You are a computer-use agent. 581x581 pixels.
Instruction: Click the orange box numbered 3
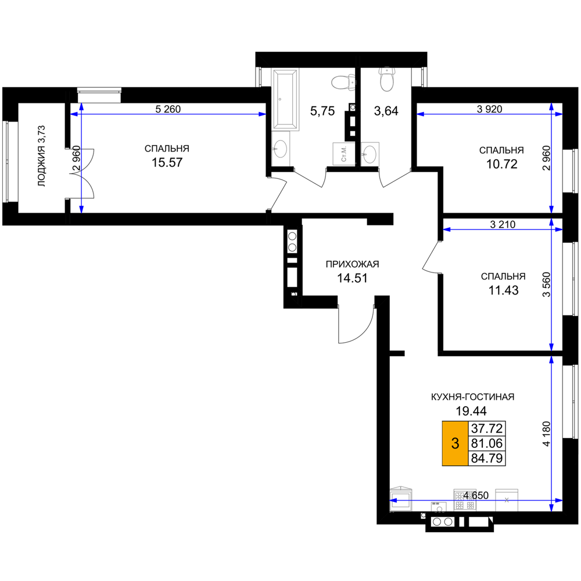(x=455, y=443)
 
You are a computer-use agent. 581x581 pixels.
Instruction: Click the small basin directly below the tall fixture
(x=281, y=149)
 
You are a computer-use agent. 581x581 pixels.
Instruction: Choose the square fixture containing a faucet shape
(x=343, y=154)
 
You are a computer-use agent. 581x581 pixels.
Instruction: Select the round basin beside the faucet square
(x=370, y=154)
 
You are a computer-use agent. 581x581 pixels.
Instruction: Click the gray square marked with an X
(x=507, y=500)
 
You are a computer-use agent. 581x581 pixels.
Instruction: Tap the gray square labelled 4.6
(x=465, y=500)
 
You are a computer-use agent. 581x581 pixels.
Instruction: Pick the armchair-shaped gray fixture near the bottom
(x=401, y=498)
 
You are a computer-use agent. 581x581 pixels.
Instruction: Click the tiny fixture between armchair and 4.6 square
(x=439, y=508)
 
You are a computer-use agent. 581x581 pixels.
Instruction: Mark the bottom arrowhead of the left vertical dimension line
(x=81, y=209)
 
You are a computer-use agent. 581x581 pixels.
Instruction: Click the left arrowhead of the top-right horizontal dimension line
(x=421, y=114)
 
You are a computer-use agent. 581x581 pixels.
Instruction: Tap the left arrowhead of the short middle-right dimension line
(x=447, y=229)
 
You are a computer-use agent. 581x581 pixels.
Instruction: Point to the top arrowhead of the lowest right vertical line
(x=551, y=360)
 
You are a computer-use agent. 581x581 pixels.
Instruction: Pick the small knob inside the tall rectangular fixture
(x=280, y=99)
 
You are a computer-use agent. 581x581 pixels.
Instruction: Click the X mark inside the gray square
(x=507, y=500)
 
